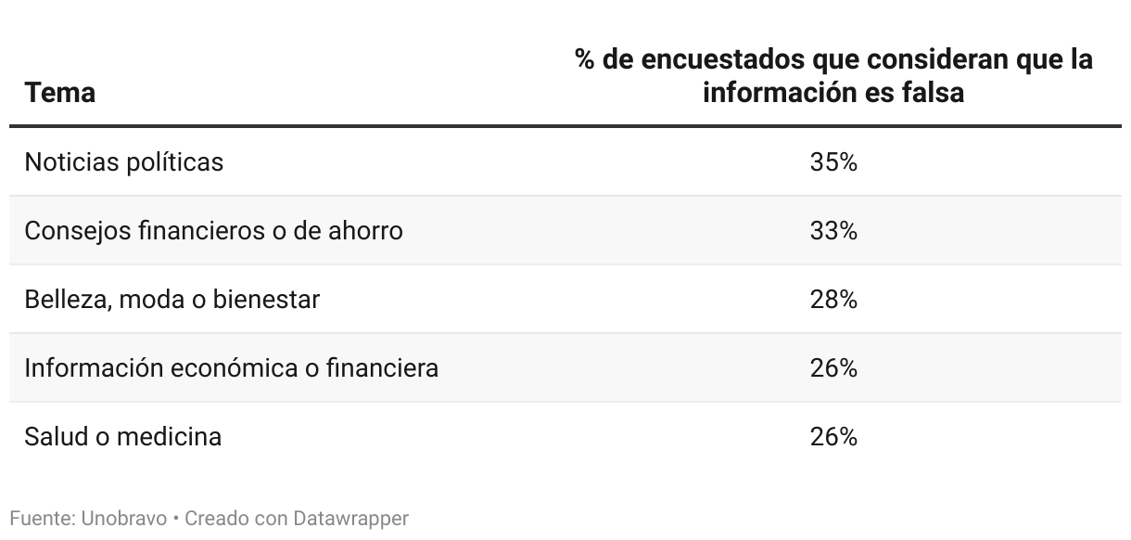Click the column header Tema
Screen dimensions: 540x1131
(59, 93)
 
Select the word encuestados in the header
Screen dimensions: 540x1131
(723, 59)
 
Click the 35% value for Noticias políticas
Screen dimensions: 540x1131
(833, 162)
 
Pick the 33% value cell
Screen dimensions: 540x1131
(833, 230)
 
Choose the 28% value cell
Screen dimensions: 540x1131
(833, 300)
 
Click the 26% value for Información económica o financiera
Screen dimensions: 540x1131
(833, 368)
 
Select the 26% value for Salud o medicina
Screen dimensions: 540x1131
(833, 436)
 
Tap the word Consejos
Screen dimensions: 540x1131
(78, 230)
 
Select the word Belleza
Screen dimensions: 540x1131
(64, 300)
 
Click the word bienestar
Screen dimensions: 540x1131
(266, 300)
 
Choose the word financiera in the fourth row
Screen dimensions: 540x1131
(381, 368)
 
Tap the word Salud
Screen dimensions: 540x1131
(56, 436)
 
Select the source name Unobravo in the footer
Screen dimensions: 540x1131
(123, 518)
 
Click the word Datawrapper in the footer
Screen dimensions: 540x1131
(350, 518)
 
